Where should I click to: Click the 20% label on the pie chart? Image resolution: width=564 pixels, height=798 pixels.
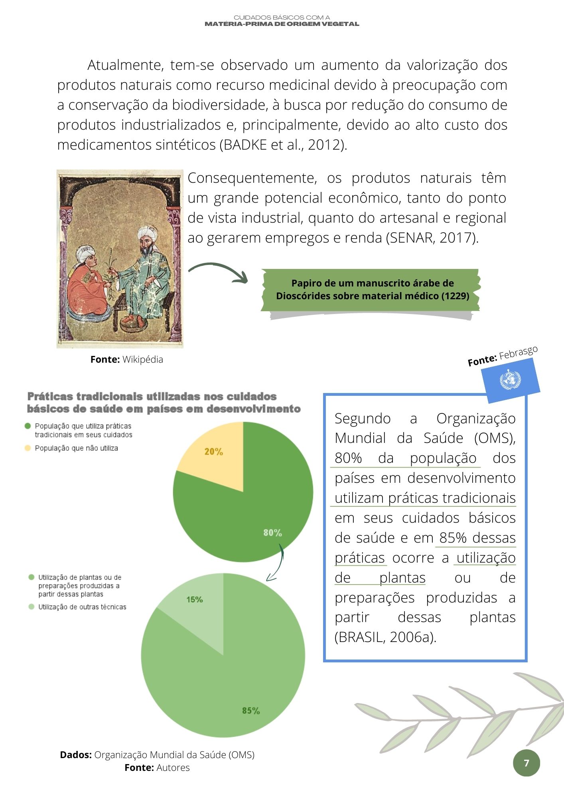[213, 452]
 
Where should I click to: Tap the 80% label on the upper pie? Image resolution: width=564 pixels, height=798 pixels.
[272, 533]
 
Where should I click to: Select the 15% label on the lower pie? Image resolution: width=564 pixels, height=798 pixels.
[195, 599]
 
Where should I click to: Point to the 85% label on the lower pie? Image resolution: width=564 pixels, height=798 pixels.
[251, 711]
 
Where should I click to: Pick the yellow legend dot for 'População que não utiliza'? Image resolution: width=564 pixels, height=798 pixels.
[28, 448]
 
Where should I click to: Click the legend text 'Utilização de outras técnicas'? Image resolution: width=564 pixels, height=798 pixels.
[82, 607]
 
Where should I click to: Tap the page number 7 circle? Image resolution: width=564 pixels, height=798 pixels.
[526, 763]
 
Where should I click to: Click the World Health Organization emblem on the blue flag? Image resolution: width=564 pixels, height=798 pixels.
[510, 379]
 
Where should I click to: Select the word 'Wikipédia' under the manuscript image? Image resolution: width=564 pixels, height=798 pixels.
[142, 359]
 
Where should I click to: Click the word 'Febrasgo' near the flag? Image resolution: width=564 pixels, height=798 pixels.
[518, 353]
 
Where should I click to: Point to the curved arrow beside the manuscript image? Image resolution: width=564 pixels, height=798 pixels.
[219, 271]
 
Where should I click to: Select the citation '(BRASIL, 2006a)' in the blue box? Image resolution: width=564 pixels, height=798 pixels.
[385, 637]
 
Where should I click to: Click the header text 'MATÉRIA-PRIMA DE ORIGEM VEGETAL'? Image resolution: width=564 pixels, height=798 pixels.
[282, 24]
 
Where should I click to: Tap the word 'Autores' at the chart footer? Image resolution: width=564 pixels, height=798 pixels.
[173, 768]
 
